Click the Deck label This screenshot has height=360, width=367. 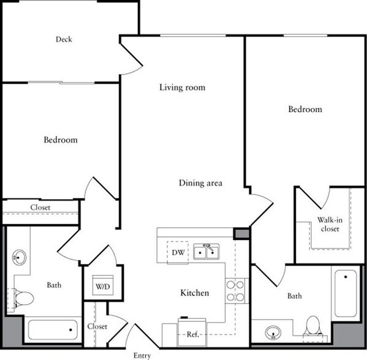tap(64, 40)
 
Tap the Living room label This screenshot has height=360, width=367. tap(182, 88)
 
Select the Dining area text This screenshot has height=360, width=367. tap(200, 182)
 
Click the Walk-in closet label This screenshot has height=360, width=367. tap(329, 224)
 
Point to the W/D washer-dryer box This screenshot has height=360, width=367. tap(102, 286)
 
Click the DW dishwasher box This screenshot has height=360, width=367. tap(178, 252)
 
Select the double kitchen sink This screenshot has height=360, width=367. tap(208, 252)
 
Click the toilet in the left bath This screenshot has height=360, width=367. tap(23, 299)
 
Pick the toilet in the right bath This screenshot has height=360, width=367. tap(313, 326)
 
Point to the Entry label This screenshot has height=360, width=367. tap(143, 354)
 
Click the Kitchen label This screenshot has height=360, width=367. tap(195, 293)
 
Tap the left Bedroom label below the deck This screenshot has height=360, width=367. tap(60, 140)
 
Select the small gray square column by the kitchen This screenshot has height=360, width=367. tap(241, 233)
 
